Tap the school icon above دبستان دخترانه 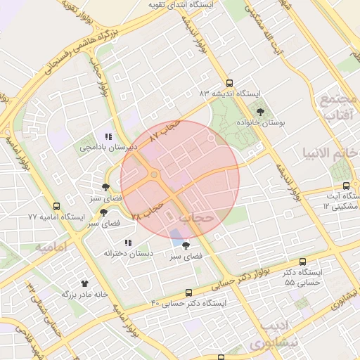click(x=128, y=243)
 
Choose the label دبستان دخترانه click(x=128, y=253)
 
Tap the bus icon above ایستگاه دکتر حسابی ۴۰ click(x=188, y=292)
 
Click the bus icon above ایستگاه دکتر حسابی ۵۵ click(x=302, y=261)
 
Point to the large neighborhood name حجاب click(x=196, y=219)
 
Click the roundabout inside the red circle click(x=153, y=175)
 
